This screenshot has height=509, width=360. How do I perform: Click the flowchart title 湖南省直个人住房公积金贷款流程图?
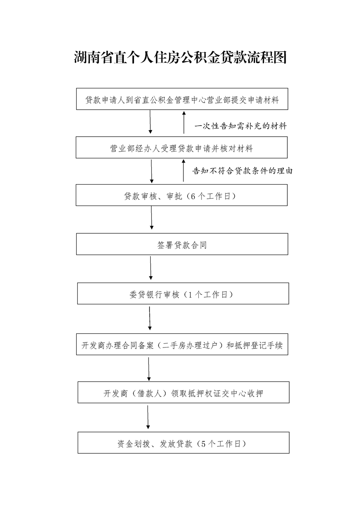(x=180, y=58)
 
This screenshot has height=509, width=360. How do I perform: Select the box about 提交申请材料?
(x=182, y=99)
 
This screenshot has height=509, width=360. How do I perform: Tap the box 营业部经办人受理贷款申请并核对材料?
(x=182, y=148)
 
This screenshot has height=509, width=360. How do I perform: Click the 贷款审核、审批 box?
(x=182, y=196)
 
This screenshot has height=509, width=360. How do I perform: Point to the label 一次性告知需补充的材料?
(x=241, y=126)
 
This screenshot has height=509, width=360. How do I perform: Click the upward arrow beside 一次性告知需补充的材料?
(x=184, y=122)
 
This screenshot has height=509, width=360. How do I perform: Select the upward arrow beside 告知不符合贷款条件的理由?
(x=183, y=171)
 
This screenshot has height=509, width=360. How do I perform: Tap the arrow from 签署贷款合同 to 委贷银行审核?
(x=151, y=269)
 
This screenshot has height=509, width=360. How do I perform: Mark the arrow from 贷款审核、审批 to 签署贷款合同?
(x=151, y=220)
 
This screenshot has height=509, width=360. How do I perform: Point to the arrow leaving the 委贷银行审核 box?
(x=150, y=319)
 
